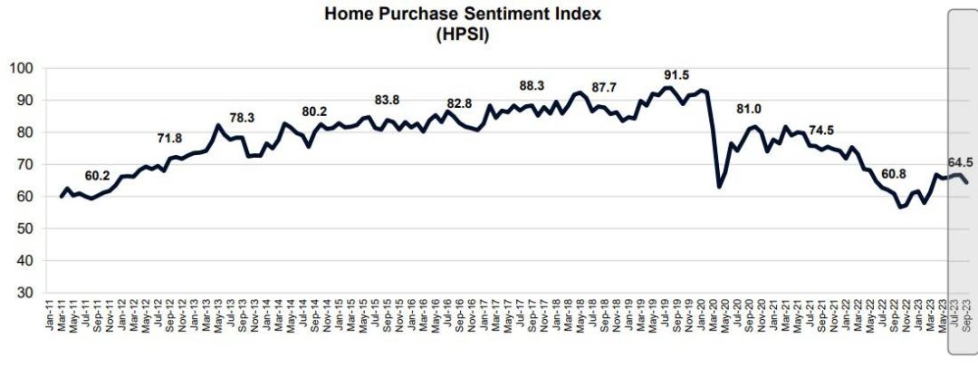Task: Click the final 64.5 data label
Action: coord(960,163)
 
